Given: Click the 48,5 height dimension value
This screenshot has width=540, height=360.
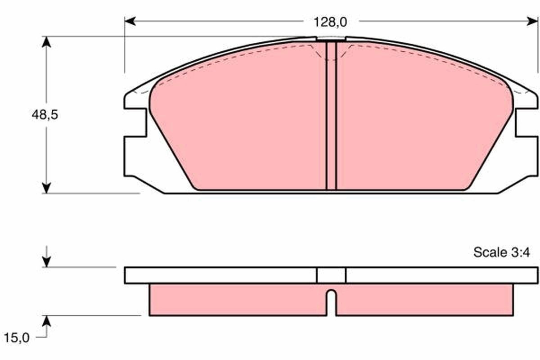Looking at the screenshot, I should (45, 115).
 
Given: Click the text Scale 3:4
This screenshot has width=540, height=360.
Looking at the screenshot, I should (501, 252).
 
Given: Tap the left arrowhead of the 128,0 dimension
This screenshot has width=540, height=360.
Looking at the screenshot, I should (130, 21).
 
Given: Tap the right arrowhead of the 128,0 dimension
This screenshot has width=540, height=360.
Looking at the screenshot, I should (532, 21).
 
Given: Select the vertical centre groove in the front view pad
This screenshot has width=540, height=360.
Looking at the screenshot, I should (331, 117).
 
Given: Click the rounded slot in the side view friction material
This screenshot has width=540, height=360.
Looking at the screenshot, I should (331, 301).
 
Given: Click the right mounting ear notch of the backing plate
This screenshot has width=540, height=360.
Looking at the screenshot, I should (526, 122).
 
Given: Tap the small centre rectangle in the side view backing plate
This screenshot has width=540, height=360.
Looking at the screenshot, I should (331, 275).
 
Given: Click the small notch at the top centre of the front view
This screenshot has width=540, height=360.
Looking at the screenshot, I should (331, 39).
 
